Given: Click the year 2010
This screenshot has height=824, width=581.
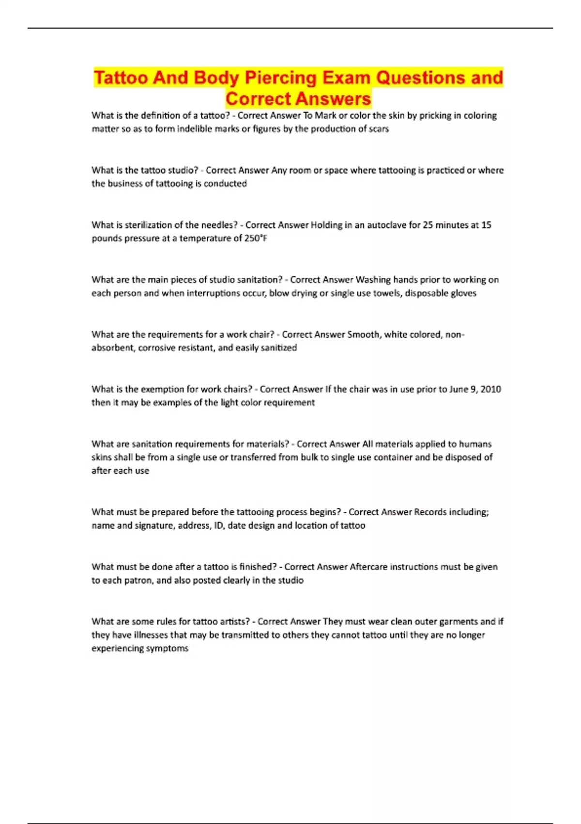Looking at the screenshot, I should (490, 389).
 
